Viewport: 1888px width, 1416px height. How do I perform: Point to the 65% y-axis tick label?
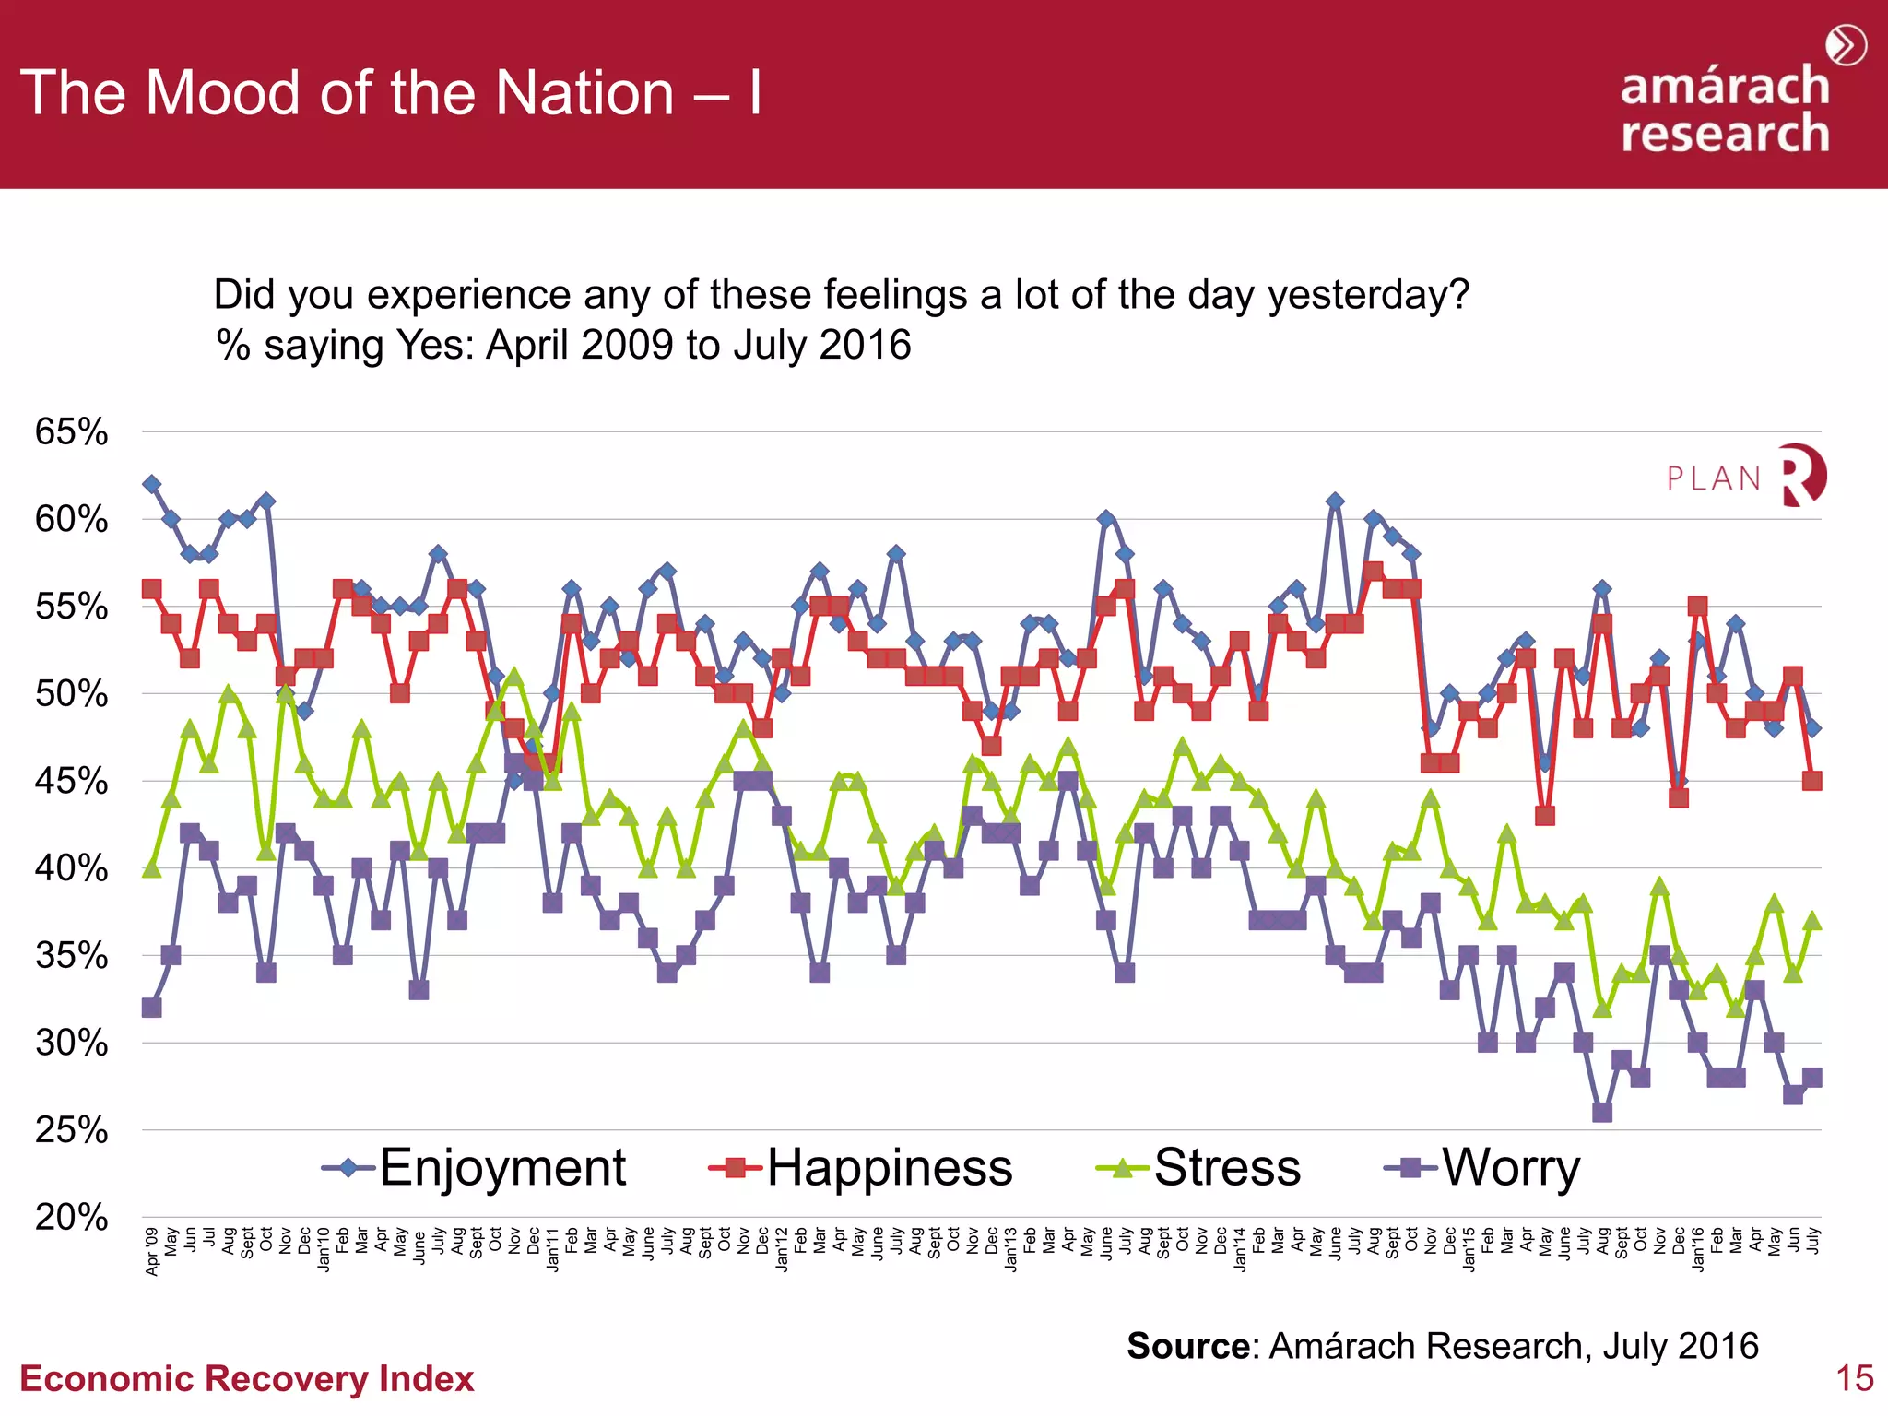tap(72, 431)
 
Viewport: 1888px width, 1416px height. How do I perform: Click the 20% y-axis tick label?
tap(72, 1218)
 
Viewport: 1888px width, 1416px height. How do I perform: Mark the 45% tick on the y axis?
tap(72, 781)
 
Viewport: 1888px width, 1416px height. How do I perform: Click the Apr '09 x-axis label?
tap(152, 1251)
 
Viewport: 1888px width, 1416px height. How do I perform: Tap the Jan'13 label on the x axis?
tap(1010, 1249)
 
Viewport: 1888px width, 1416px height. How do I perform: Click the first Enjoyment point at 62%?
tap(152, 484)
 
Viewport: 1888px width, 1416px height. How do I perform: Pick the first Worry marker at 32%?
tap(152, 1008)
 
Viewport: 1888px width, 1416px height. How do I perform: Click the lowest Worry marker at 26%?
tap(1602, 1112)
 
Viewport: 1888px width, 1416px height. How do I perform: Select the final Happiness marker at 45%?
tap(1811, 781)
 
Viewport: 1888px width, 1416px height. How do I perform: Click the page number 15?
tap(1854, 1378)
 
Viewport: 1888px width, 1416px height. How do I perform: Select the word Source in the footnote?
tap(1188, 1346)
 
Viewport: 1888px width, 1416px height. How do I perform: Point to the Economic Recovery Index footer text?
tap(247, 1379)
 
